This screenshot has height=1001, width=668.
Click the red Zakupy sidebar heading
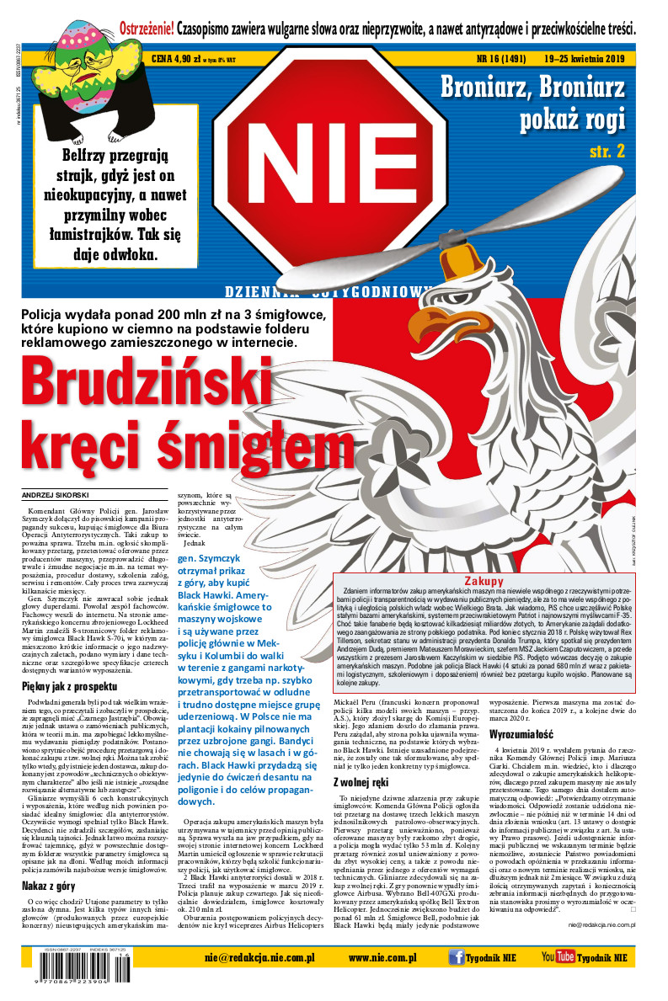484,581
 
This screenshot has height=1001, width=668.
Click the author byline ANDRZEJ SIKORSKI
56,494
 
